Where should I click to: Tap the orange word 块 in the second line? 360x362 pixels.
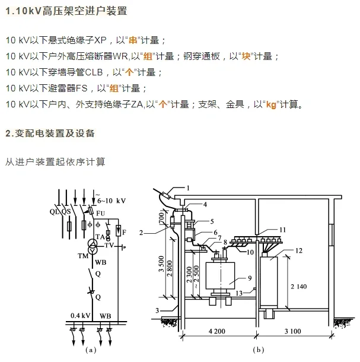pos(246,56)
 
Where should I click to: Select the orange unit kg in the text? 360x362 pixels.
pos(272,104)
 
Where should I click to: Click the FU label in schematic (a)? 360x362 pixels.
pos(101,212)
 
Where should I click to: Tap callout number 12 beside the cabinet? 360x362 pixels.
pos(298,250)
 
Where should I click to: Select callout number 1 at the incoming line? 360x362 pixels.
pos(188,188)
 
